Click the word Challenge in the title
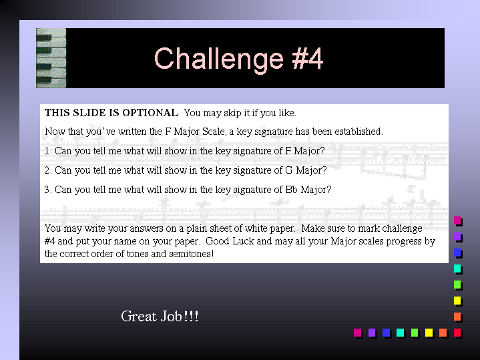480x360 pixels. [219, 59]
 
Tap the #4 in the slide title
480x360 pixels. [307, 58]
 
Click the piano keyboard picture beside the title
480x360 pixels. [51, 58]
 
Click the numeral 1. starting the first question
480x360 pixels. [48, 151]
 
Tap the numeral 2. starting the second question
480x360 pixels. [48, 170]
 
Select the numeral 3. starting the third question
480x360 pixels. [48, 190]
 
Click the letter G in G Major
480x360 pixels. [288, 170]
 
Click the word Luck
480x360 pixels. [244, 241]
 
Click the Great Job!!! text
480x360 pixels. [160, 316]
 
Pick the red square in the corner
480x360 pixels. [457, 333]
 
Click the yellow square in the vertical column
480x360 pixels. [457, 301]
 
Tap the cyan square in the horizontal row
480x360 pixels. [400, 333]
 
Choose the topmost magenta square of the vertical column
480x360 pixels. [457, 220]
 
